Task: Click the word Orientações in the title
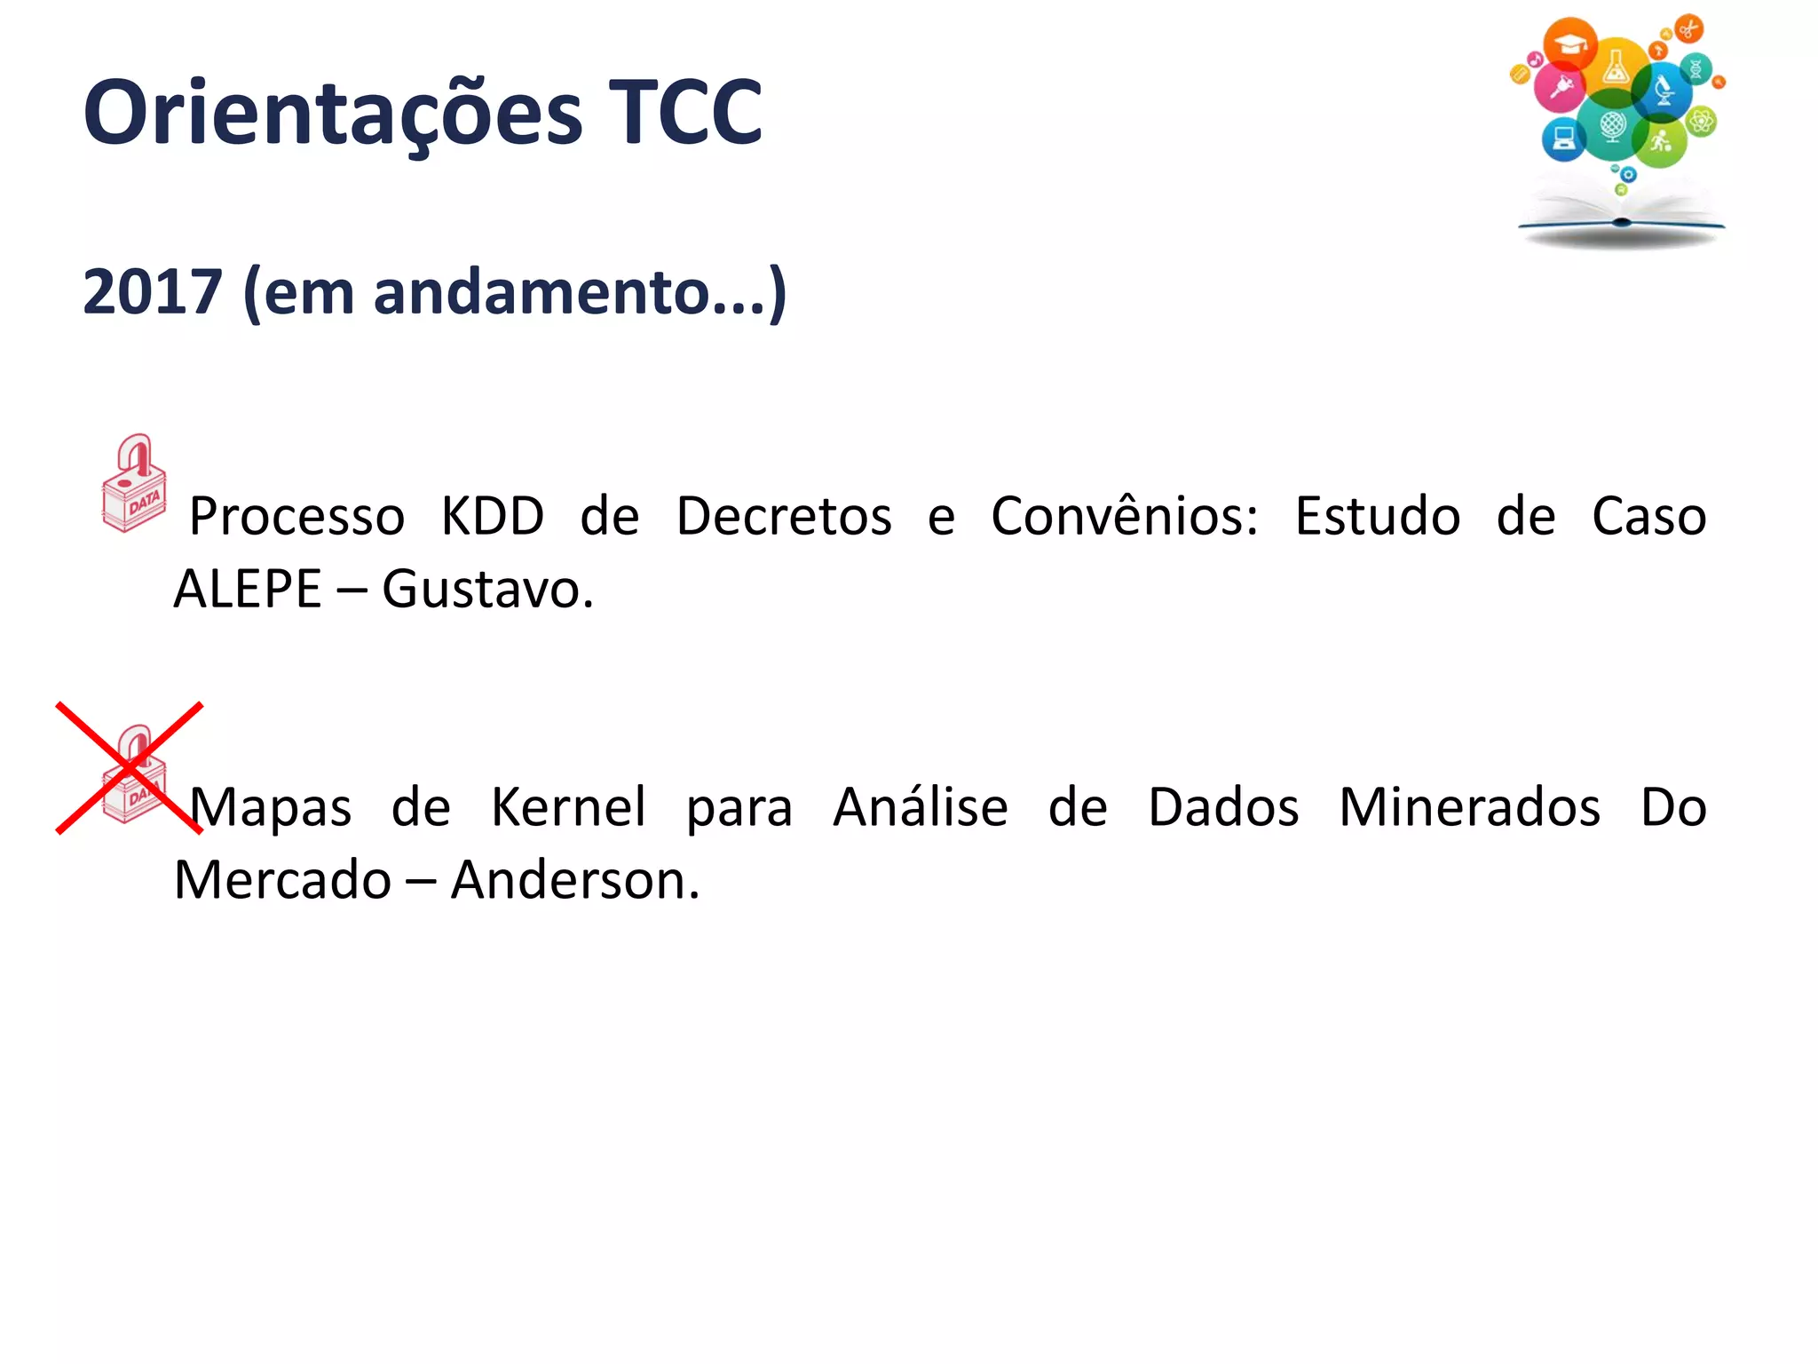[x=333, y=114]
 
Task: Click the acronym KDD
[x=493, y=516]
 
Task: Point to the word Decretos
[x=784, y=516]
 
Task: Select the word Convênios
[x=1124, y=516]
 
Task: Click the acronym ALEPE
[x=248, y=589]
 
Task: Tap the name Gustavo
[x=486, y=589]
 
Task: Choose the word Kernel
[x=568, y=807]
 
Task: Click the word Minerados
[x=1469, y=807]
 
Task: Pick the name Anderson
[x=574, y=880]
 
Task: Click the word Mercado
[x=282, y=880]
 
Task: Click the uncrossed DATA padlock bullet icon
[x=134, y=484]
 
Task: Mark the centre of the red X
[x=130, y=768]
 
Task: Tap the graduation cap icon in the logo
[x=1570, y=43]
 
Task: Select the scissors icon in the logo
[x=1688, y=28]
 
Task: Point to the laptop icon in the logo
[x=1563, y=139]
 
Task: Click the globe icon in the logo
[x=1613, y=125]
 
